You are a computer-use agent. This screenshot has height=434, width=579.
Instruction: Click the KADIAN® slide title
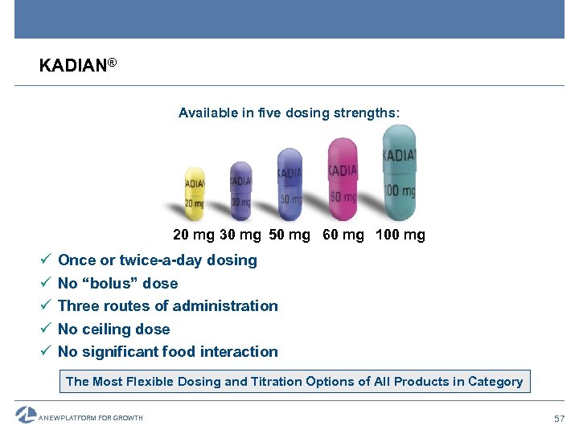[x=78, y=65]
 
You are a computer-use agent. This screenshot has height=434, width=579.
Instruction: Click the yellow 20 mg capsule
[x=195, y=193]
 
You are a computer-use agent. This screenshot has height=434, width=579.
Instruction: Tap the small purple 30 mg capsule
[x=240, y=189]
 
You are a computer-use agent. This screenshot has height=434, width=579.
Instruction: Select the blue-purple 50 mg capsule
[x=289, y=184]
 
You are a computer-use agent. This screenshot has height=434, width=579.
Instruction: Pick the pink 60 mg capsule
[x=343, y=179]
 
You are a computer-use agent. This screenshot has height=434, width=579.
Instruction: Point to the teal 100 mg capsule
[x=399, y=172]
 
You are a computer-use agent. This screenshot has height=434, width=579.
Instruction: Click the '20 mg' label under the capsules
[x=194, y=235]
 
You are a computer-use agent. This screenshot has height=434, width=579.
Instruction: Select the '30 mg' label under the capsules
[x=240, y=235]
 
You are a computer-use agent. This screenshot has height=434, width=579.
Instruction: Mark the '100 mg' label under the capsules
[x=400, y=235]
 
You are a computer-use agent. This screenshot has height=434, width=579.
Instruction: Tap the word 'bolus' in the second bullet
[x=121, y=283]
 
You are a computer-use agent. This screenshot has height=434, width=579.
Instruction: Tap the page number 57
[x=560, y=419]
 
